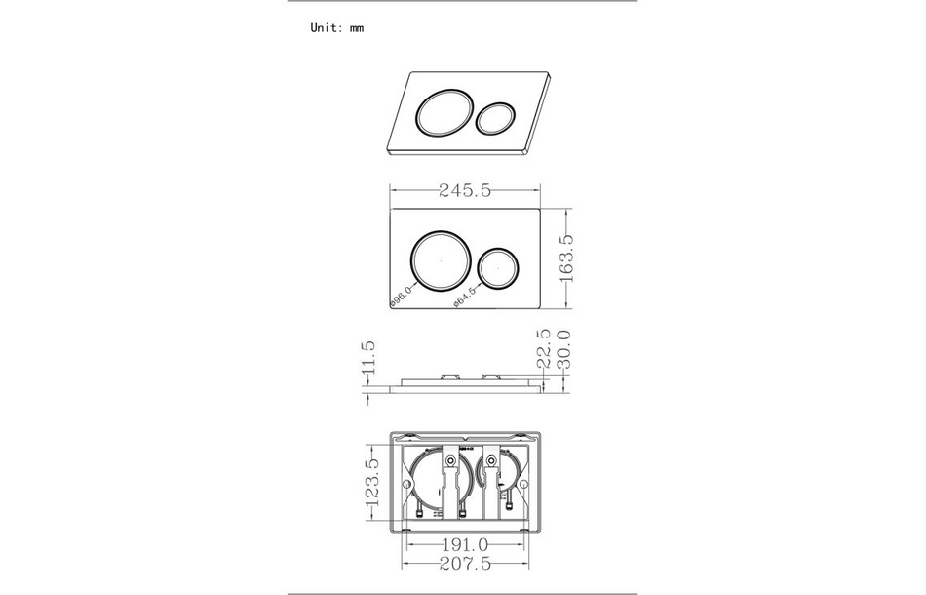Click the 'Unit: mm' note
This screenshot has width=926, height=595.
(x=336, y=28)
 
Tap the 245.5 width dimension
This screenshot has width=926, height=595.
(x=464, y=191)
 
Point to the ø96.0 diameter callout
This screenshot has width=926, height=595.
(x=402, y=296)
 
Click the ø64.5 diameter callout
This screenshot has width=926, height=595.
(x=465, y=296)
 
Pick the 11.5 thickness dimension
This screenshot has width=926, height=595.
(x=367, y=359)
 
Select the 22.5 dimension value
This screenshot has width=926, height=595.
(x=544, y=347)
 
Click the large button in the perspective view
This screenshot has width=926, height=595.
(x=444, y=113)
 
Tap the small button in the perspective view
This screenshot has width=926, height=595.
(x=497, y=119)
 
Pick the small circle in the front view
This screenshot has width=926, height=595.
(x=499, y=268)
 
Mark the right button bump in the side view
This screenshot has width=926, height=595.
(x=491, y=375)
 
